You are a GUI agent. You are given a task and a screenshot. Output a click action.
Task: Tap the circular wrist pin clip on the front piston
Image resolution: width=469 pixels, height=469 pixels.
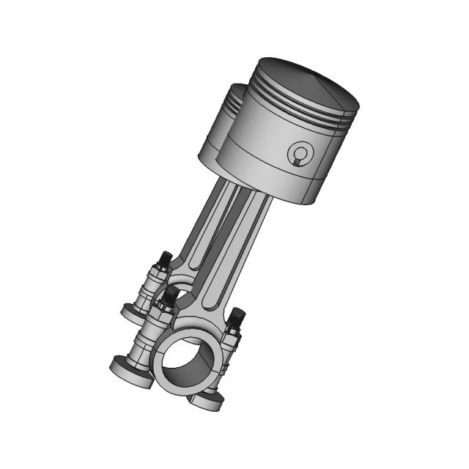pyautogui.click(x=299, y=155)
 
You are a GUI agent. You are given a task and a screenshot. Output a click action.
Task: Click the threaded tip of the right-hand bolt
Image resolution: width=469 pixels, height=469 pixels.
pyautogui.click(x=237, y=317)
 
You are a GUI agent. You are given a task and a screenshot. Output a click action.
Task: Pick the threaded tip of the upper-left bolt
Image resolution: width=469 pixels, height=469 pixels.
pyautogui.click(x=166, y=259)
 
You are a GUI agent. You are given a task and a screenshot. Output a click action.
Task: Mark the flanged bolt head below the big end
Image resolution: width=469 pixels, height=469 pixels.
pyautogui.click(x=206, y=399)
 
